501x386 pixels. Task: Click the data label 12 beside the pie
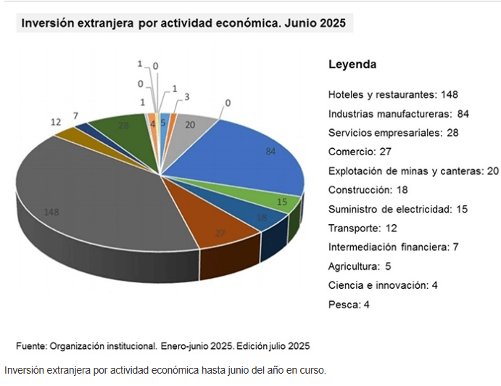point(56,123)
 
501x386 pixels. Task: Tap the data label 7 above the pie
point(75,115)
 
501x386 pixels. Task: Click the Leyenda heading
point(352,65)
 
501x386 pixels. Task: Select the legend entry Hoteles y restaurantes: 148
point(393,95)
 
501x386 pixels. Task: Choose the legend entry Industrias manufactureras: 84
point(399,114)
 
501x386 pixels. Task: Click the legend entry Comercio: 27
point(360,152)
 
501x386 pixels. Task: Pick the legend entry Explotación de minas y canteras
point(413,171)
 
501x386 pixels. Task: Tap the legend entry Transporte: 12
point(363,229)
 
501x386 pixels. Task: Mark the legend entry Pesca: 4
point(349,305)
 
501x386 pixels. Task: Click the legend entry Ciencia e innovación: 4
point(382,285)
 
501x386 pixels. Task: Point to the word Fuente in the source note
point(31,345)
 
